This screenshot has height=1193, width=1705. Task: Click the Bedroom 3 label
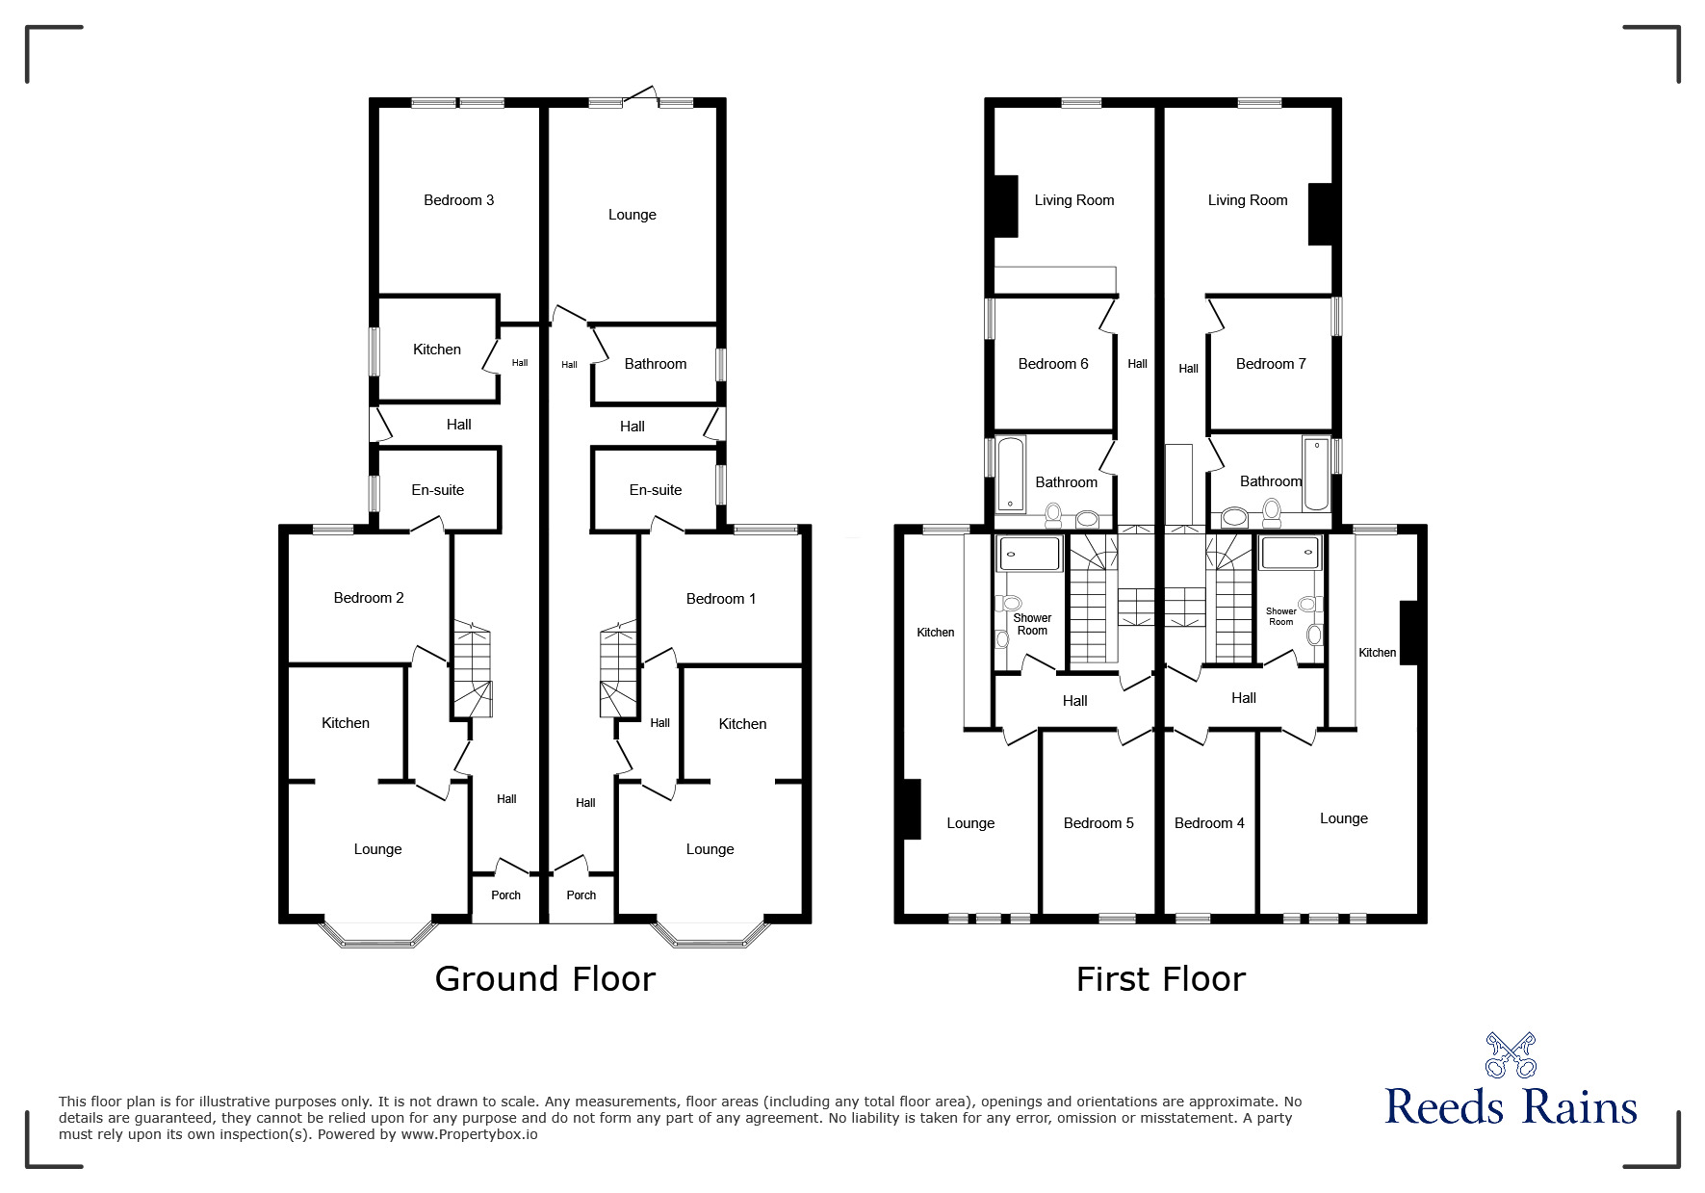[458, 200]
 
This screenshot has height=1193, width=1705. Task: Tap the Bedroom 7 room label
[1271, 364]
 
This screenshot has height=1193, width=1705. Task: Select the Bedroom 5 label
[1098, 823]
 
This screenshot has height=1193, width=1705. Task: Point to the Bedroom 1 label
[720, 599]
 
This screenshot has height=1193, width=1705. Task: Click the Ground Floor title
[545, 978]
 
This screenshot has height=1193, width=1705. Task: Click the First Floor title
[1160, 979]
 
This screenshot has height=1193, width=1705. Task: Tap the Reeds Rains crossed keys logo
[1511, 1055]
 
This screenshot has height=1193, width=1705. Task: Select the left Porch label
[505, 895]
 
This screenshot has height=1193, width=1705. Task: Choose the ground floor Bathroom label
[655, 364]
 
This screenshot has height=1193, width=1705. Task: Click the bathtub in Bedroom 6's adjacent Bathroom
[1010, 473]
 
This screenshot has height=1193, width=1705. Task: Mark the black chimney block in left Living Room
[1005, 205]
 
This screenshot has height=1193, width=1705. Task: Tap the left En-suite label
[437, 490]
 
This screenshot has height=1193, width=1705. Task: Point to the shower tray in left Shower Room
[1029, 555]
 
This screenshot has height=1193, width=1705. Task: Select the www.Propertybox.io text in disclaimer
[469, 1134]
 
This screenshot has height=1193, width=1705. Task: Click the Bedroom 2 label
[369, 598]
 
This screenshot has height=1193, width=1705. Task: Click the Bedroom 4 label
[1209, 823]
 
